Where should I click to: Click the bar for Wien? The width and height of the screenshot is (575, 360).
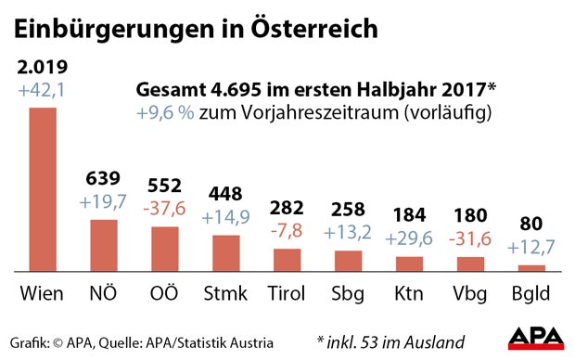point(43,189)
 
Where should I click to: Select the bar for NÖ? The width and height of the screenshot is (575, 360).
point(104,245)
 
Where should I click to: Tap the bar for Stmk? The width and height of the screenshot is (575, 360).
point(225,253)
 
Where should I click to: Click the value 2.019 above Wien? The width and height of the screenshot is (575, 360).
point(42,66)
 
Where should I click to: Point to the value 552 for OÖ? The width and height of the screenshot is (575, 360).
point(164,185)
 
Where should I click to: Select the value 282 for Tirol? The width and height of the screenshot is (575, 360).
point(287,206)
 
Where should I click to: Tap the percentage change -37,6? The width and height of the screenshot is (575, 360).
point(164,207)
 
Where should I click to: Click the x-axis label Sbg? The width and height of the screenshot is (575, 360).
point(348,295)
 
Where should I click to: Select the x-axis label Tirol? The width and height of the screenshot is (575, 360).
point(287,295)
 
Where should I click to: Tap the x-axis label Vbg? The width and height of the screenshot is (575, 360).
point(469,295)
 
